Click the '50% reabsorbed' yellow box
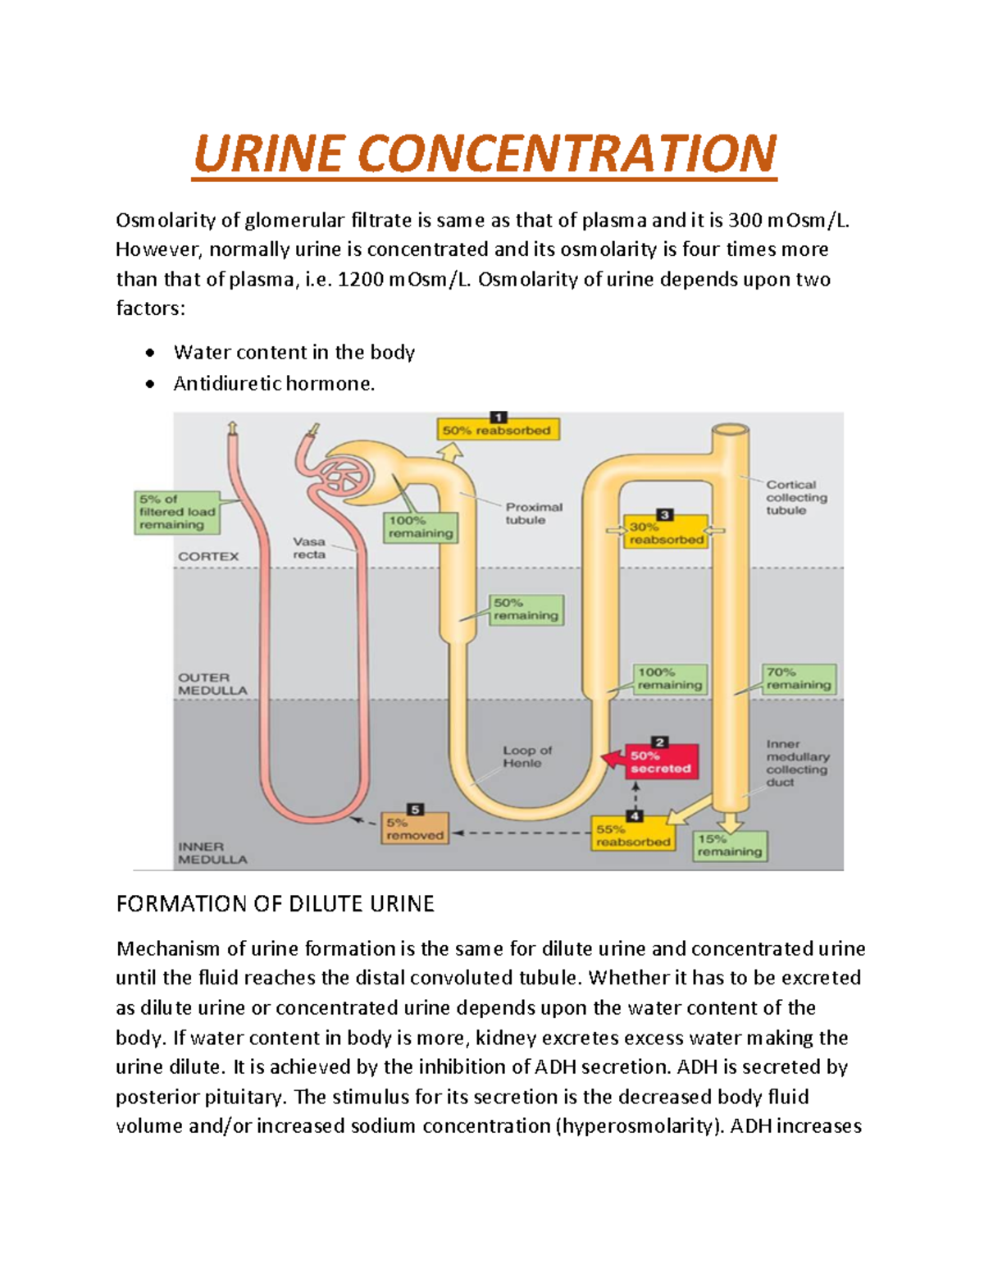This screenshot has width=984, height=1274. coord(497,430)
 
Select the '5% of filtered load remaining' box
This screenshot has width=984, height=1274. coord(176,512)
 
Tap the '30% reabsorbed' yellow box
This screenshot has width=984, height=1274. coord(666,532)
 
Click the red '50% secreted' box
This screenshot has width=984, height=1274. coord(661,762)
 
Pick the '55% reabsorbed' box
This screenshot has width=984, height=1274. coord(633,835)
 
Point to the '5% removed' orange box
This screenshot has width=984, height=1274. coord(415,829)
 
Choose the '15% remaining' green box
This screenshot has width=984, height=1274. coord(730,846)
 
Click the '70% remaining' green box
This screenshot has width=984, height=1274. coord(799,678)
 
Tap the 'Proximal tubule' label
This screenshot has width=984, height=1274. coord(534,514)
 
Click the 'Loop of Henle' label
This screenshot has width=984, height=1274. coord(527,756)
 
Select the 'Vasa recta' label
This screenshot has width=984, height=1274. coord(309,548)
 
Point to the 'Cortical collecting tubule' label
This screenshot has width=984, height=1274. coord(796,497)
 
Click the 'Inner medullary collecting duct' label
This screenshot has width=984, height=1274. coord(797,763)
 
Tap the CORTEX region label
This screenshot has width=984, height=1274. coord(208,556)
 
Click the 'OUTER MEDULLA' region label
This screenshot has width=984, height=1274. coord(212,684)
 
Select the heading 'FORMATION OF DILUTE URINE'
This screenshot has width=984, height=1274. coord(275,904)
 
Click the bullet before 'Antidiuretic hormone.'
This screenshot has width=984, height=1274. coord(149,384)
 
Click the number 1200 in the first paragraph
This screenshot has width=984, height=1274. coord(360,280)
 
